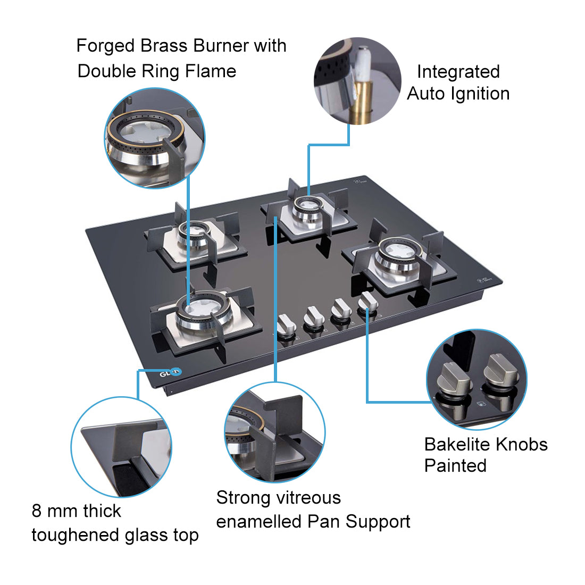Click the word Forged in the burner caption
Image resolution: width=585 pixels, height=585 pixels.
pyautogui.click(x=105, y=46)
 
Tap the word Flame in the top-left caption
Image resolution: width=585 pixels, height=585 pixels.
pyautogui.click(x=211, y=71)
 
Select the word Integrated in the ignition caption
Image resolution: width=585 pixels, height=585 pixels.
pyautogui.click(x=458, y=72)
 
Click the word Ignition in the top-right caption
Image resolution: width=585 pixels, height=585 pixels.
pyautogui.click(x=480, y=94)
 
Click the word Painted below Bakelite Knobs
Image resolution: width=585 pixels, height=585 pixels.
pyautogui.click(x=455, y=465)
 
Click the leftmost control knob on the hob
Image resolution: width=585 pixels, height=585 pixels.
pyautogui.click(x=287, y=324)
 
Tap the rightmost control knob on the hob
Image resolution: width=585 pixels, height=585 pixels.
pyautogui.click(x=368, y=302)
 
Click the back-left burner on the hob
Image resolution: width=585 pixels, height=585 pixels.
pyautogui.click(x=190, y=234)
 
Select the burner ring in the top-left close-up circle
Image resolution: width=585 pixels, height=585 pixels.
pyautogui.click(x=145, y=133)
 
